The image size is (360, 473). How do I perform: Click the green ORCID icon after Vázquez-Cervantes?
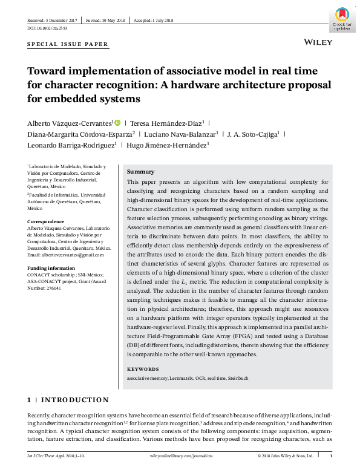tap(134, 122)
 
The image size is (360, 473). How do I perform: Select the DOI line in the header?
tap(47, 28)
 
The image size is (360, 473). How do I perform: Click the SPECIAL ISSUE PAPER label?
tap(68, 44)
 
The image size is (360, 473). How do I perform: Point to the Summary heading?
tap(140, 172)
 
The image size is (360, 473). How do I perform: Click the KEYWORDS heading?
tap(143, 369)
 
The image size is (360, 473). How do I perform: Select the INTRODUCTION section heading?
tap(74, 400)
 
